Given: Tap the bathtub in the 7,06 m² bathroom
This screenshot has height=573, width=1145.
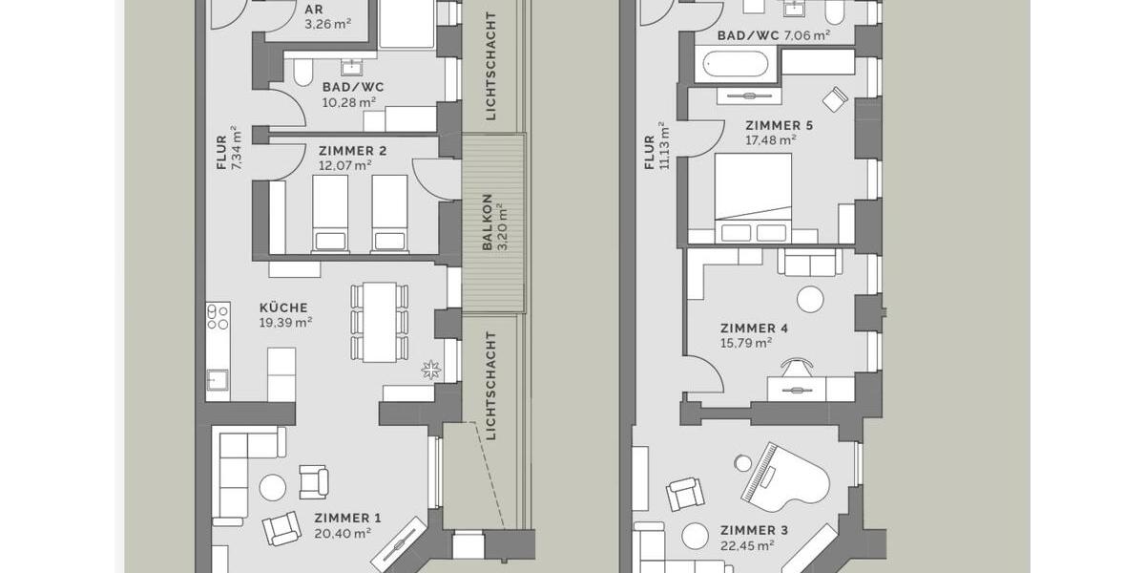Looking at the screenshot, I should click(740, 66).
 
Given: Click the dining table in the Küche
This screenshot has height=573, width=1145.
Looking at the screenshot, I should click(379, 321).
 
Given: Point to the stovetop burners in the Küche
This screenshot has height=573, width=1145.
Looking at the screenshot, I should click(218, 316).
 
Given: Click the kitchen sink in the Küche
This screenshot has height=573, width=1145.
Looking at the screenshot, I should click(218, 379).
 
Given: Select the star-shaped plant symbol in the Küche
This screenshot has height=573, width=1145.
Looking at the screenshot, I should click(430, 368).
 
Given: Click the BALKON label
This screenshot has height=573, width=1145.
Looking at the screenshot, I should click(487, 223).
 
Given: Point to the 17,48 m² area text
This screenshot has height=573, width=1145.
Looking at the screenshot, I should click(770, 139).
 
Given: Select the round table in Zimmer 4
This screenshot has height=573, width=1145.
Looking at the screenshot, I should click(810, 300).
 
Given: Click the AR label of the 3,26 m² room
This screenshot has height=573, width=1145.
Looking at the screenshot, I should click(313, 10).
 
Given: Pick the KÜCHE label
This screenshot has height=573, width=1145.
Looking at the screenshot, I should click(283, 308).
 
